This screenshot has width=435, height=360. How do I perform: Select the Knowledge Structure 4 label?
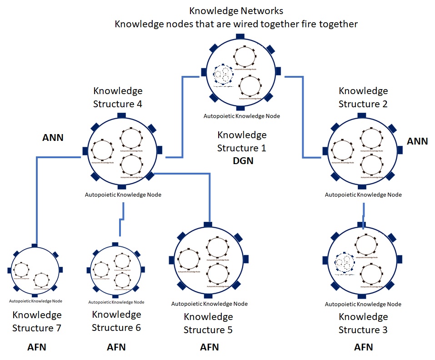[x=118, y=97]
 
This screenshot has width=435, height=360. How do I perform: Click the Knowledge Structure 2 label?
[x=363, y=97]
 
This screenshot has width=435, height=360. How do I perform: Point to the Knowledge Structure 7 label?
[x=37, y=321]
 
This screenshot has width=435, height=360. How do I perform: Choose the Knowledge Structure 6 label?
[x=116, y=321]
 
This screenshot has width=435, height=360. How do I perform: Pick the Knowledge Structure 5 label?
[x=208, y=323]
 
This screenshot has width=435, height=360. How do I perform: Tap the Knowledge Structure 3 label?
[x=363, y=323]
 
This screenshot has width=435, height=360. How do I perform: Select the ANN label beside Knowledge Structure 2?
[x=417, y=141]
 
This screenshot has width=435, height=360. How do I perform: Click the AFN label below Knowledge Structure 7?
[x=37, y=348]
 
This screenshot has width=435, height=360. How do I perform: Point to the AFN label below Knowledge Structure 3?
[x=363, y=347]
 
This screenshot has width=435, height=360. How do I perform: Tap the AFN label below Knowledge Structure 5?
[x=210, y=347]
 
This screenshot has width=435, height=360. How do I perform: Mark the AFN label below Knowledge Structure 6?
[x=116, y=348]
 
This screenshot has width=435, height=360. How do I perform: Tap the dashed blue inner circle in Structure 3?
[x=345, y=264]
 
